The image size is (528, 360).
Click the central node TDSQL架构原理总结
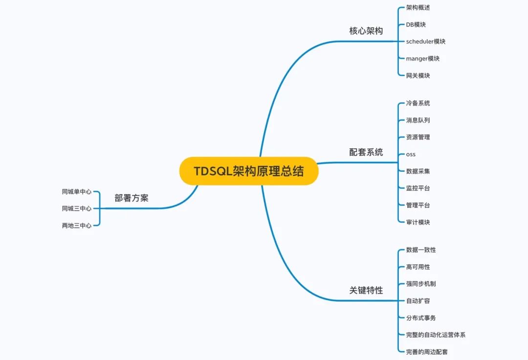point(248,171)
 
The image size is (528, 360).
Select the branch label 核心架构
point(366,31)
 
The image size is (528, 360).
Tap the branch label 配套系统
point(366,152)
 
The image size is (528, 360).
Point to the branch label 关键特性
point(366,290)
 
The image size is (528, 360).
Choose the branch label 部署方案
point(132,198)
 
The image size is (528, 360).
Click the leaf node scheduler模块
point(425,42)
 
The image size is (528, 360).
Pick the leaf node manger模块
point(422,59)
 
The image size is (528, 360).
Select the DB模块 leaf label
point(416,24)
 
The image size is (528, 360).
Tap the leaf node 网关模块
point(418,76)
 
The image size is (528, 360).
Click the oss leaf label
point(411,154)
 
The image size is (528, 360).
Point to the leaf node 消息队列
point(418,120)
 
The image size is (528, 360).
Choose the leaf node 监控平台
point(418,188)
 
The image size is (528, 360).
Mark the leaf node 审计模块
point(418,222)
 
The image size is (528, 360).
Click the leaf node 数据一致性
point(421,250)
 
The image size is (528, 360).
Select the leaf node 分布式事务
point(421,318)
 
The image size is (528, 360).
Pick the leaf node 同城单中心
point(77,192)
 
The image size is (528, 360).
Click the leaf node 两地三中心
point(77,226)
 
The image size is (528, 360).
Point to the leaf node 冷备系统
point(418,103)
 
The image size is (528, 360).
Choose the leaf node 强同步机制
point(421,284)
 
